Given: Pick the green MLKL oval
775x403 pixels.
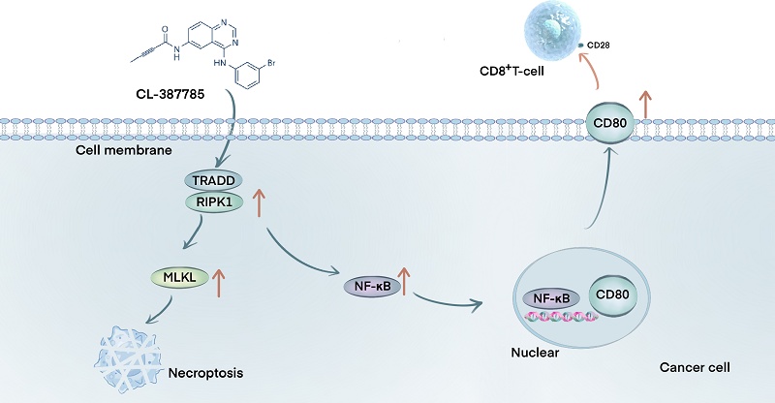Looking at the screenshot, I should coord(173,278).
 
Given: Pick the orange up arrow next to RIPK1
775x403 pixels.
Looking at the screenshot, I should coord(258,201).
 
